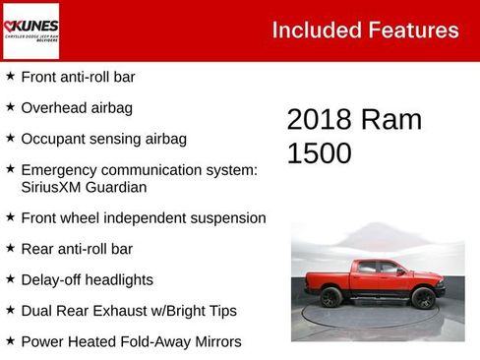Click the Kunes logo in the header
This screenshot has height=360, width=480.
pyautogui.click(x=31, y=30)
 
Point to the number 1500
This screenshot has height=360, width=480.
pyautogui.click(x=319, y=152)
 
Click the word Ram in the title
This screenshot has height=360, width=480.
pyautogui.click(x=390, y=120)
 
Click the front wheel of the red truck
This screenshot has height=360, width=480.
pyautogui.click(x=424, y=298)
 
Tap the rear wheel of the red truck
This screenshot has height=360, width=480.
pyautogui.click(x=331, y=297)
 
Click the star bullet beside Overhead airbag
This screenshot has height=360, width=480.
pyautogui.click(x=10, y=106)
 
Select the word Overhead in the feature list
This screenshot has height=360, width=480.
pyautogui.click(x=53, y=107)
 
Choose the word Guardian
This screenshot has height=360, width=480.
pyautogui.click(x=119, y=187)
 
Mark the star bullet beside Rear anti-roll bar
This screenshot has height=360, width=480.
pyautogui.click(x=10, y=248)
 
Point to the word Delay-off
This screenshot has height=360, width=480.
pyautogui.click(x=52, y=279)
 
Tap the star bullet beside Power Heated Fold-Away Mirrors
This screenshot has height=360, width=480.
pyautogui.click(x=10, y=340)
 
